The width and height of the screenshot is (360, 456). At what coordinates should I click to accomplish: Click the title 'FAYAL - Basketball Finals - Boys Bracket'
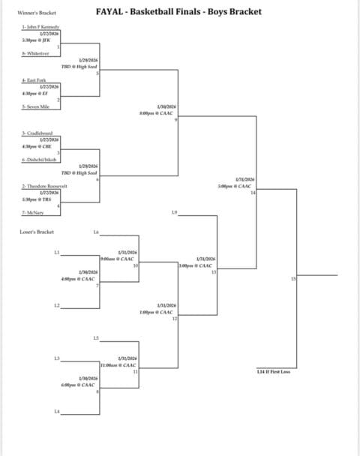pyautogui.click(x=179, y=13)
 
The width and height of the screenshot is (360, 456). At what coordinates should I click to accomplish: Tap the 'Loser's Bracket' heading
pyautogui.click(x=37, y=232)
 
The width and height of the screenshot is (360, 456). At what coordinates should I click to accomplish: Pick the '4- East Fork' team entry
pyautogui.click(x=32, y=79)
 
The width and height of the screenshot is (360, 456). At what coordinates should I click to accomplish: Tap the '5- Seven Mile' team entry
pyautogui.click(x=34, y=106)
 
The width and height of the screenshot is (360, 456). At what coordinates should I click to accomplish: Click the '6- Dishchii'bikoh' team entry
pyautogui.click(x=38, y=159)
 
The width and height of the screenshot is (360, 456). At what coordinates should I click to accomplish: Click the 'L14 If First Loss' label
pyautogui.click(x=273, y=372)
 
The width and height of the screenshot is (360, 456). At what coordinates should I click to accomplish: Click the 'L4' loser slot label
pyautogui.click(x=57, y=411)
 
